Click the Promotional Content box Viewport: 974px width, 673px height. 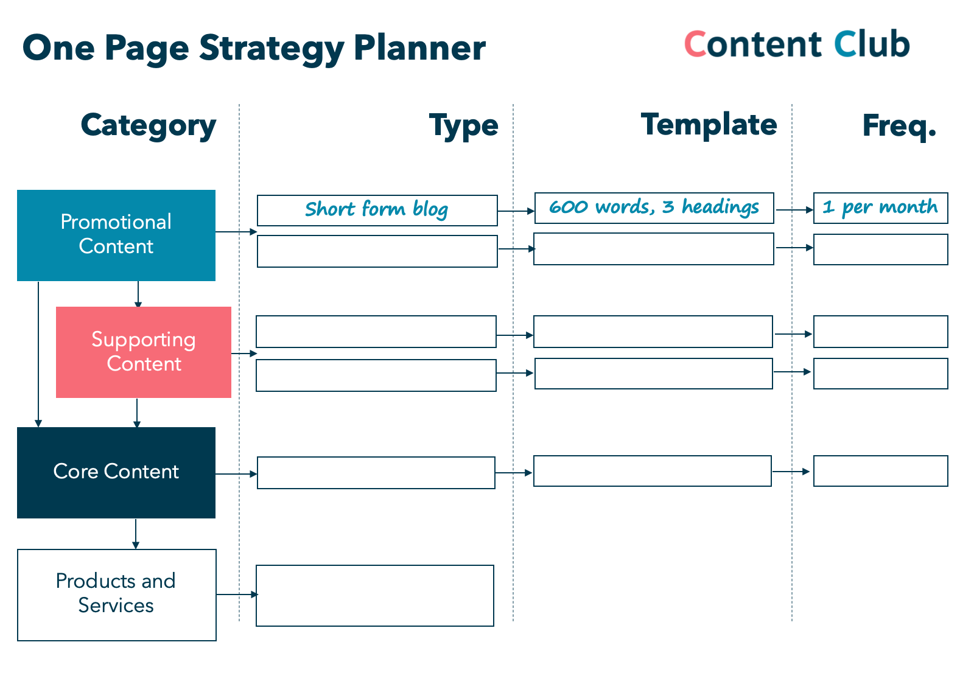pyautogui.click(x=116, y=235)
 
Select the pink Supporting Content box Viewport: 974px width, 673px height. pyautogui.click(x=144, y=352)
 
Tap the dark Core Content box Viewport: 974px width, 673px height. pyautogui.click(x=116, y=473)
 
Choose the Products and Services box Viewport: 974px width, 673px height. pyautogui.click(x=116, y=595)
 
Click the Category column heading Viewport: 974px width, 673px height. pyautogui.click(x=149, y=126)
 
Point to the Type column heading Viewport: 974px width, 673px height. pyautogui.click(x=463, y=126)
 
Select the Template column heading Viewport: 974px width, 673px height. pyautogui.click(x=709, y=125)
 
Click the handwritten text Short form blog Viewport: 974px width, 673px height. pyautogui.click(x=377, y=209)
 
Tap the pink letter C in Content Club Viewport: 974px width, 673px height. pyautogui.click(x=695, y=44)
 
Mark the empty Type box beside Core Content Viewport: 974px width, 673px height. pyautogui.click(x=376, y=473)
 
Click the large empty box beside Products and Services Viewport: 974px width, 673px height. pyautogui.click(x=375, y=596)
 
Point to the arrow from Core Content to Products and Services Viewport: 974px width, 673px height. pyautogui.click(x=136, y=534)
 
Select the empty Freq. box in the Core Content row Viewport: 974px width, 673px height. pyautogui.click(x=880, y=471)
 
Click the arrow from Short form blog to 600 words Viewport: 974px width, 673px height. pyautogui.click(x=516, y=211)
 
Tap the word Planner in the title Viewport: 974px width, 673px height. pyautogui.click(x=419, y=48)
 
